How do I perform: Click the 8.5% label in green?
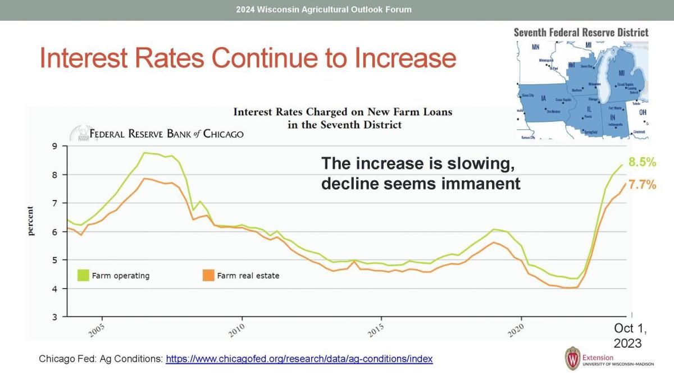pos(642,162)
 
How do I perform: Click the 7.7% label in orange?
pos(642,185)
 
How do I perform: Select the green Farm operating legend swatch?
pos(83,275)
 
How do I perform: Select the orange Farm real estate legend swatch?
pos(208,275)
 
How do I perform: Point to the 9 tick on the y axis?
pos(55,147)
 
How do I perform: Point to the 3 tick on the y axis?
pos(55,317)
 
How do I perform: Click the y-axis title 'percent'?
pos(31,221)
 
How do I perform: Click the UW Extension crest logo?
pos(572,358)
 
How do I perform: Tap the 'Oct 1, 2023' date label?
pos(627,336)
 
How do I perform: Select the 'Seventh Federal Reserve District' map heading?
pos(581,33)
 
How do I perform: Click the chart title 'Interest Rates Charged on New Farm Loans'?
pos(343,112)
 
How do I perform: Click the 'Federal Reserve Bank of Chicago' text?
pos(167,134)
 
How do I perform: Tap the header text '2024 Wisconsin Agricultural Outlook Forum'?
pos(324,10)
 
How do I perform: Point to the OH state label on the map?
pos(643,112)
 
